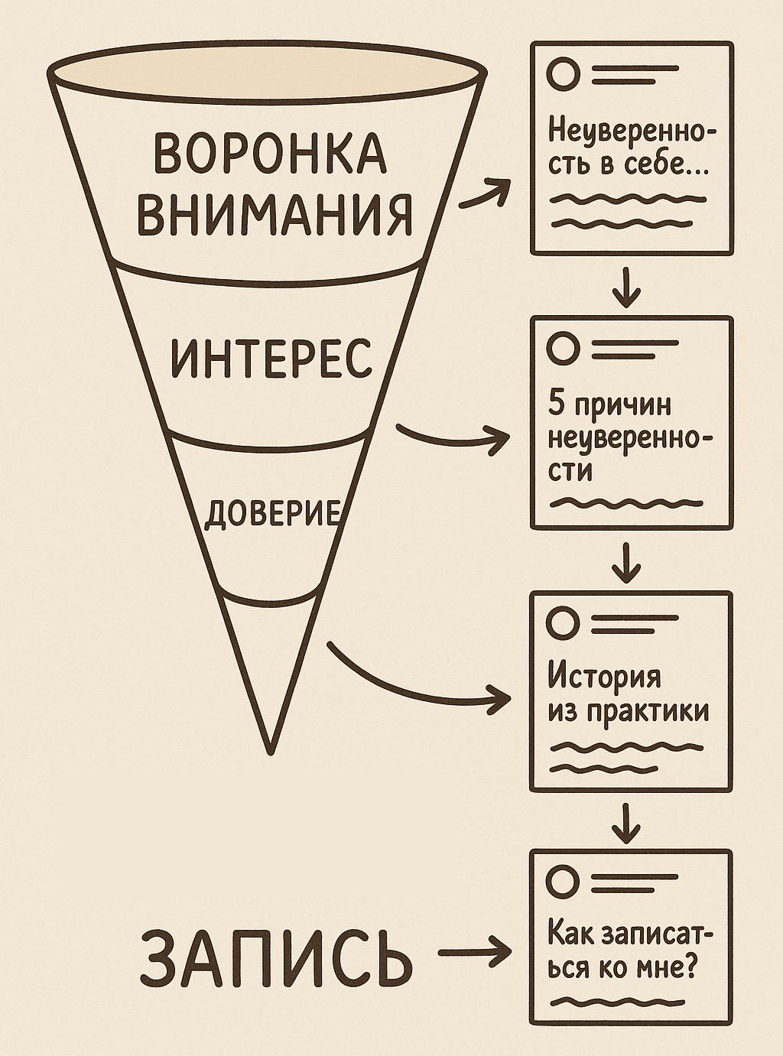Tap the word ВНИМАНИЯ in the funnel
pyautogui.click(x=275, y=213)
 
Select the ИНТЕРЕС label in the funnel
pyautogui.click(x=271, y=358)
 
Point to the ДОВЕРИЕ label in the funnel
pyautogui.click(x=271, y=513)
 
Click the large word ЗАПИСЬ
pyautogui.click(x=276, y=957)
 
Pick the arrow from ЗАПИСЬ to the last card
pyautogui.click(x=474, y=953)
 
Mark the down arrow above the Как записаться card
pyautogui.click(x=626, y=823)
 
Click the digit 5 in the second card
pyautogui.click(x=556, y=404)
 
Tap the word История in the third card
pyautogui.click(x=604, y=677)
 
